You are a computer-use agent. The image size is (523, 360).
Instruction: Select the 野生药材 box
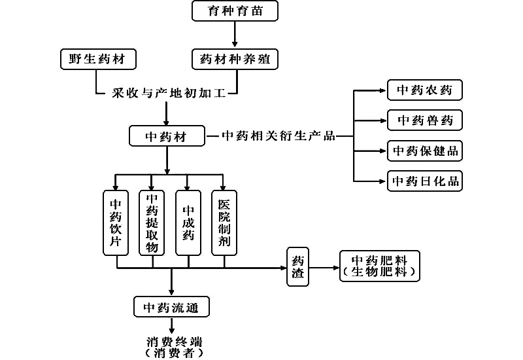(x=97, y=59)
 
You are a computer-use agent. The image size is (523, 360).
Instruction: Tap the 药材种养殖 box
(x=235, y=59)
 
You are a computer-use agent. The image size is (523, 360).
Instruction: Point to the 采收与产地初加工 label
(x=169, y=94)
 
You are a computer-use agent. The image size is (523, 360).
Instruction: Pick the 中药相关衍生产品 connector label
(x=278, y=136)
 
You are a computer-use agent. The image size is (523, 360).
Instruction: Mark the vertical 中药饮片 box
(x=116, y=223)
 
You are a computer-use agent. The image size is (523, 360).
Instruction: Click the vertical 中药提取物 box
(x=152, y=223)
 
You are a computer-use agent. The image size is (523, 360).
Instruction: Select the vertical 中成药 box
(x=188, y=223)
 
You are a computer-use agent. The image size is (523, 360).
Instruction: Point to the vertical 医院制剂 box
(x=224, y=223)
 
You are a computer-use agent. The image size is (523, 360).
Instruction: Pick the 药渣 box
(x=297, y=266)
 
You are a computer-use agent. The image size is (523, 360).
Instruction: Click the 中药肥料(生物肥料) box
(x=380, y=266)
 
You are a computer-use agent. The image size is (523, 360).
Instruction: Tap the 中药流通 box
(x=171, y=306)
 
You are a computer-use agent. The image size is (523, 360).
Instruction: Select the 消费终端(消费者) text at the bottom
(x=173, y=347)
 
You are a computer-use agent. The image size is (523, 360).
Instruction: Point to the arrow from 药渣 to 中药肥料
(x=324, y=267)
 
